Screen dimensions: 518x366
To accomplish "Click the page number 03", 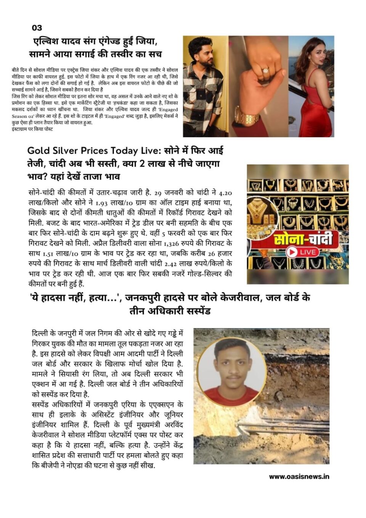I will [x=37, y=28].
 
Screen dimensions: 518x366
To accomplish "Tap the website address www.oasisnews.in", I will [x=299, y=476].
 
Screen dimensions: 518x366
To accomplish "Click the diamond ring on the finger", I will [x=265, y=70].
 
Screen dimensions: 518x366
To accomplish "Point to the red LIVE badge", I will [x=303, y=252].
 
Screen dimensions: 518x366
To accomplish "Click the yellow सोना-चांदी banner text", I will [x=302, y=239].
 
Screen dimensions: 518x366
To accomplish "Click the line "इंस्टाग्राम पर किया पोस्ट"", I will [x=32, y=129].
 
